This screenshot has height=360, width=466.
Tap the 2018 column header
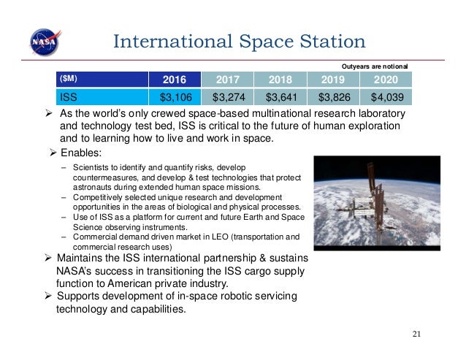tap(280, 79)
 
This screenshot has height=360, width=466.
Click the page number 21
tap(417, 334)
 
